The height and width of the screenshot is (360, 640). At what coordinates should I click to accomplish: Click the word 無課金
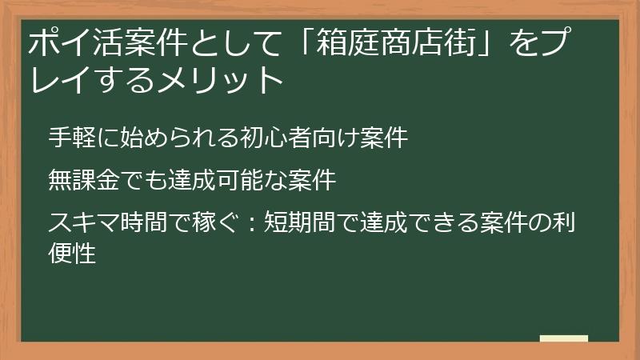(x=81, y=180)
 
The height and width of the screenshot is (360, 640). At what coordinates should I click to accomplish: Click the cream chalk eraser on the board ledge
(x=563, y=338)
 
